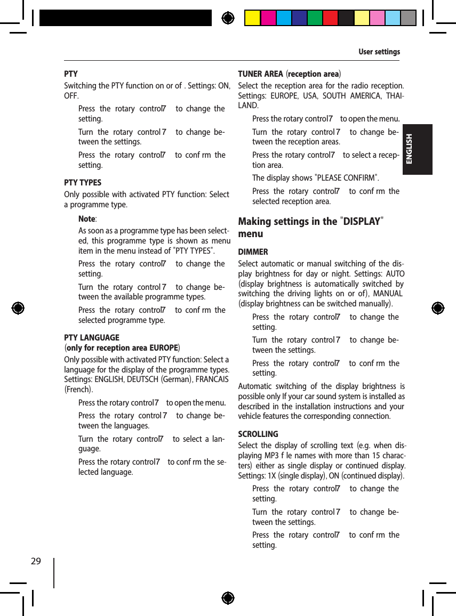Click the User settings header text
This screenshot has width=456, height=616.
click(379, 52)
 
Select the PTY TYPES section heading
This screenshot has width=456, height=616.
click(83, 182)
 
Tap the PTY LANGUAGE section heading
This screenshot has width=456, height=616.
click(92, 337)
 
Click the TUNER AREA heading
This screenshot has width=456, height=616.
click(260, 74)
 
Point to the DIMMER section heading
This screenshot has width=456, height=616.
click(253, 252)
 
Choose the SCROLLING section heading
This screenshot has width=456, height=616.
click(258, 434)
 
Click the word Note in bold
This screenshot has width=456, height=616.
click(87, 219)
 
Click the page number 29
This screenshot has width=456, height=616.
click(36, 561)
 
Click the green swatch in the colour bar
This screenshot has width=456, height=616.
click(315, 18)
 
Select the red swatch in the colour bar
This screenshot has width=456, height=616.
click(330, 18)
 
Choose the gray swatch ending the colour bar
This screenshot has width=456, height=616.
click(408, 18)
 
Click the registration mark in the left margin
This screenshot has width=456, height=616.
click(18, 308)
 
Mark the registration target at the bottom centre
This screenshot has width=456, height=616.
click(228, 597)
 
